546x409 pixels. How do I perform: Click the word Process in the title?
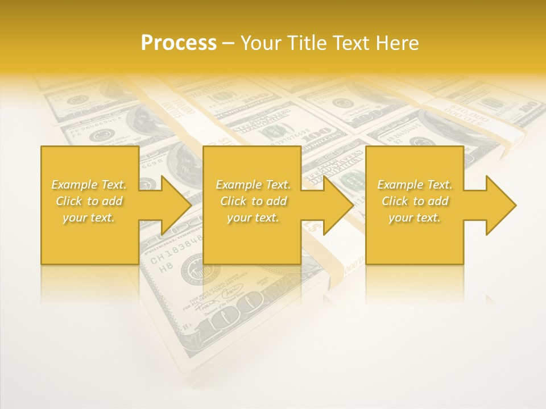point(179,43)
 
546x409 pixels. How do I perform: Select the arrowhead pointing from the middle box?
point(338,205)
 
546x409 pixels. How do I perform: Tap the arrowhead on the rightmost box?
point(500,205)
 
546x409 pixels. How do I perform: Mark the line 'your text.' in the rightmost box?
point(415,218)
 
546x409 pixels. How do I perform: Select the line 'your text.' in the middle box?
point(253,218)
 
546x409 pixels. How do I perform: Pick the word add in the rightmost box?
point(438,201)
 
